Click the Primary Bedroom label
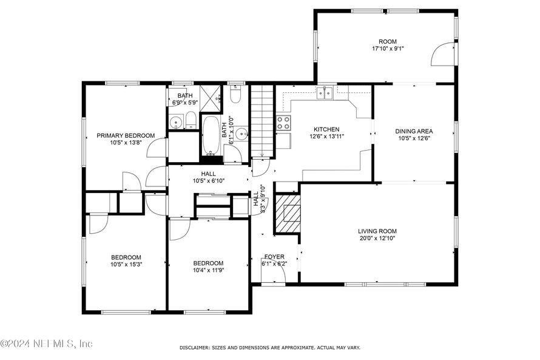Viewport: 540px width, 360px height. click(x=126, y=135)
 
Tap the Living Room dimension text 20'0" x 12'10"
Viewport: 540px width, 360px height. click(x=377, y=238)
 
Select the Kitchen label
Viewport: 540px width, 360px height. click(x=326, y=129)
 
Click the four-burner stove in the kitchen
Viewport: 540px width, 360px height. click(x=283, y=123)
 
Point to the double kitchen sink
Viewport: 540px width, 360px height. click(x=325, y=93)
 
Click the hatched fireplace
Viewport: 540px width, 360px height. click(x=288, y=214)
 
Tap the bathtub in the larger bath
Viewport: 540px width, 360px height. click(x=210, y=135)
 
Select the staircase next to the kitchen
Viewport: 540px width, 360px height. click(x=262, y=121)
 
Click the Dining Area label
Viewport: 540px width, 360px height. click(x=414, y=131)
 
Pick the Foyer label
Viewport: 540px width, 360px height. click(x=274, y=257)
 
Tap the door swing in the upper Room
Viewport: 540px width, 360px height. click(x=443, y=54)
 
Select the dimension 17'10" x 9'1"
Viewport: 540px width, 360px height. click(x=388, y=49)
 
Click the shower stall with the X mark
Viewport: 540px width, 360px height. click(x=211, y=98)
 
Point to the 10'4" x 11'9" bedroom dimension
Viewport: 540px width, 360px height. click(x=208, y=270)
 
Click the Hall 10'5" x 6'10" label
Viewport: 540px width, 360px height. click(x=209, y=177)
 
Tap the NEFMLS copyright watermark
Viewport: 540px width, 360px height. click(x=47, y=344)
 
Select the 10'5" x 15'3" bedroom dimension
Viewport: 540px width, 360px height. click(x=126, y=265)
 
